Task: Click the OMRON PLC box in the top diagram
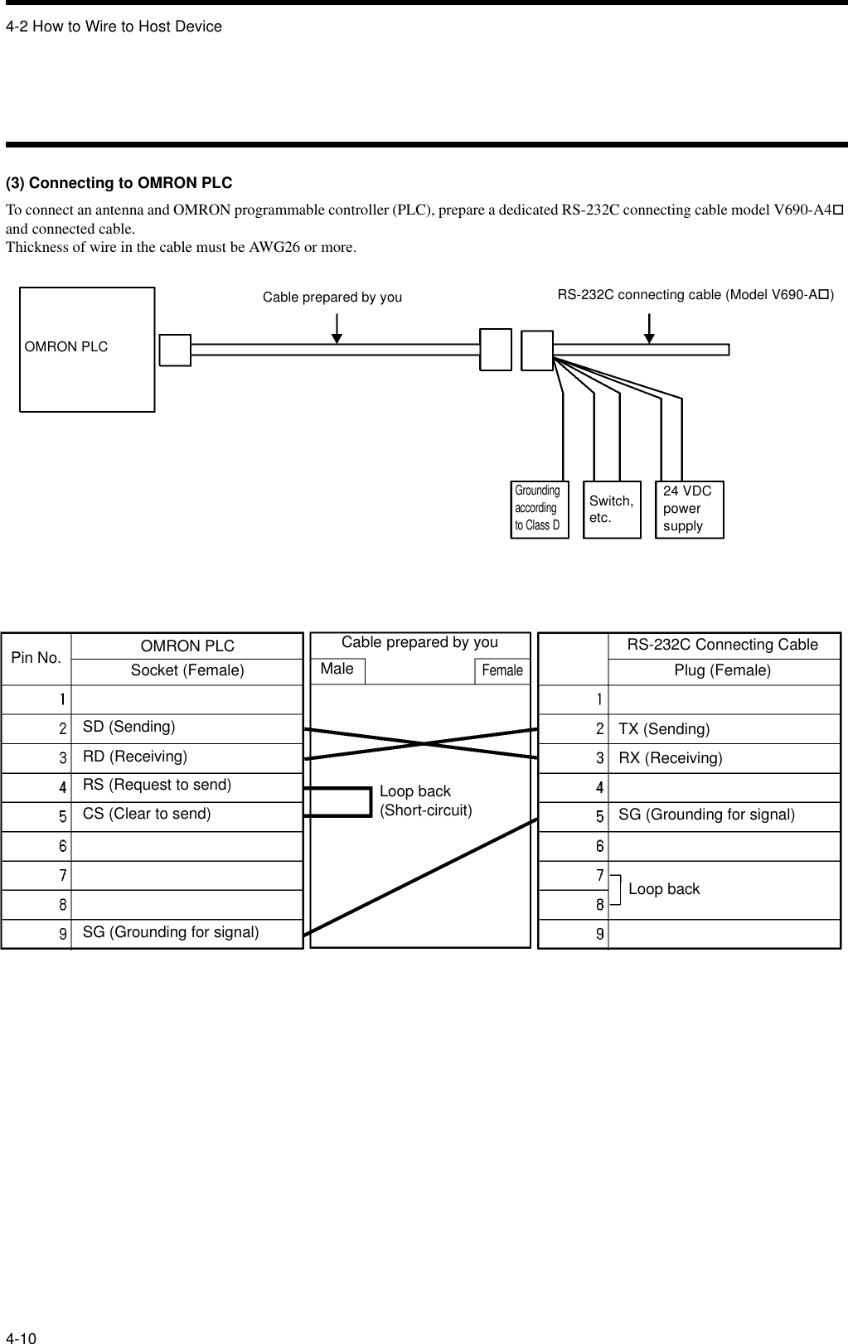(87, 349)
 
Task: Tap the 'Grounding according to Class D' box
(540, 509)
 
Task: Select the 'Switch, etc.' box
(612, 510)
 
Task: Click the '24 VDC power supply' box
(689, 509)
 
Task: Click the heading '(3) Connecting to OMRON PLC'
(119, 182)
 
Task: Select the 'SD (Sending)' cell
(129, 727)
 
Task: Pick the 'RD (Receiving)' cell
(135, 757)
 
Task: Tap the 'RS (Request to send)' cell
(157, 785)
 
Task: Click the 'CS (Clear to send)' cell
(147, 814)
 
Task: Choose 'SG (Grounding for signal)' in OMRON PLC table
(171, 932)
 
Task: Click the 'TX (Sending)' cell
(664, 729)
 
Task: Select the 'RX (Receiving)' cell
(671, 758)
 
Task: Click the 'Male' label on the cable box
(337, 670)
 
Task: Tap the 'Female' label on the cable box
(502, 670)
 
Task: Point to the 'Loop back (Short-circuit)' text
(425, 800)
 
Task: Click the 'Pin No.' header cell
(36, 658)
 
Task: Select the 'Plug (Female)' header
(722, 670)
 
